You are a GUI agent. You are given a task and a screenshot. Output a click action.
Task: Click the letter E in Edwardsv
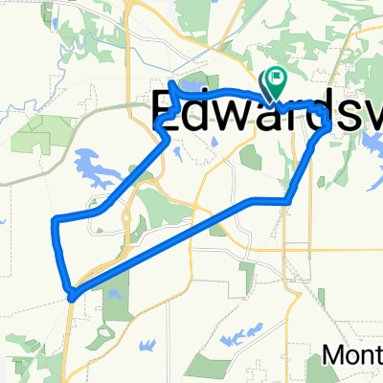[x=169, y=107]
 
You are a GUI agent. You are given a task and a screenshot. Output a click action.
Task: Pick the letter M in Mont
[x=334, y=353]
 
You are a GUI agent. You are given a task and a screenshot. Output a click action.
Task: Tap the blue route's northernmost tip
[x=171, y=84]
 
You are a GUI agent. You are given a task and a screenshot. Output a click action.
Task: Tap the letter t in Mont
[x=376, y=353]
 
